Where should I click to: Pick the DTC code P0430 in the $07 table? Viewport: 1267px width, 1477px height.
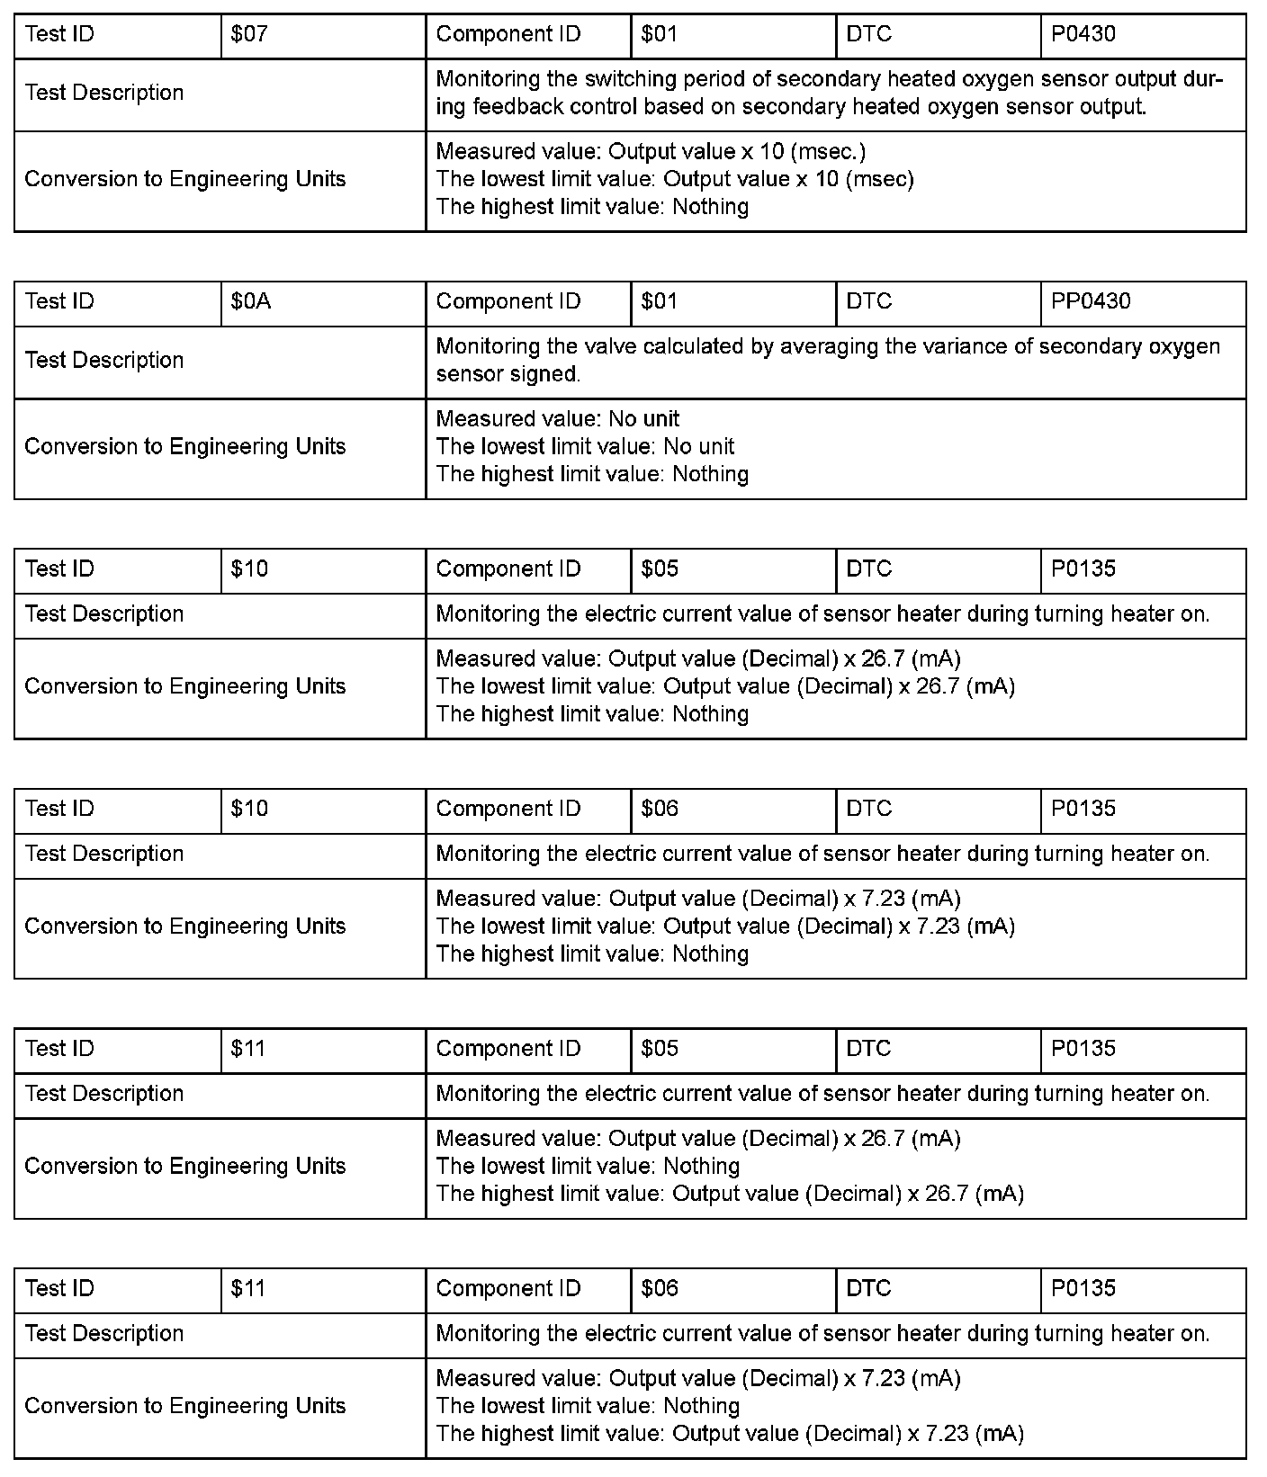pos(1083,35)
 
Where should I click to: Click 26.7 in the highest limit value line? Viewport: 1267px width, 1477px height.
pos(947,1195)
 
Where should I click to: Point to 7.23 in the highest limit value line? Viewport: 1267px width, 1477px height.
pos(947,1434)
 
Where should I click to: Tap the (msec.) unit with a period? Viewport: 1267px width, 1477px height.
pos(828,152)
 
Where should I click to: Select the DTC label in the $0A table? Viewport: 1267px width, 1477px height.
pos(868,302)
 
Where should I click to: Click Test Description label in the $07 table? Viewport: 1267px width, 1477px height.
pos(104,94)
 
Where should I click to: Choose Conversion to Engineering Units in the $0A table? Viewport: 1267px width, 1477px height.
pos(185,447)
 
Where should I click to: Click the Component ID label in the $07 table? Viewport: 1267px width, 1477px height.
pos(508,35)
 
